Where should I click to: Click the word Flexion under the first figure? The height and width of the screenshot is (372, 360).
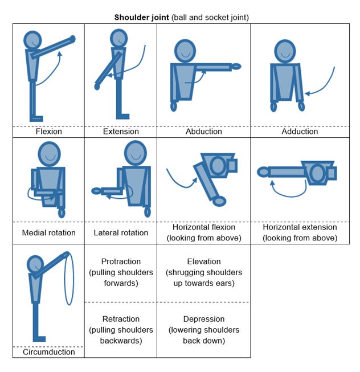[x=49, y=132]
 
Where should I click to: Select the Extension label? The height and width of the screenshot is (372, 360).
[x=121, y=132]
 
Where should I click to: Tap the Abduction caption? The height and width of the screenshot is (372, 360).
[x=204, y=132]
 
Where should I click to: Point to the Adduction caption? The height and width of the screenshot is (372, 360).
[x=300, y=132]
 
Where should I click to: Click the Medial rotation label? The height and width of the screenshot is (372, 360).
[x=49, y=232]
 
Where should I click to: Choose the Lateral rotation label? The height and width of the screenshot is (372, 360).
[x=121, y=232]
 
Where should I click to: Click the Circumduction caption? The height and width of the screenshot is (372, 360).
[x=49, y=352]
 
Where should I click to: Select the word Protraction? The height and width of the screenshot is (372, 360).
[x=121, y=261]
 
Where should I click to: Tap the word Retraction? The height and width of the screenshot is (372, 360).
[x=121, y=319]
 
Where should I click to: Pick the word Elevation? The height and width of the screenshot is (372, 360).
[x=204, y=261]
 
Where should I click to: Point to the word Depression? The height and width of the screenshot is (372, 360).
[x=204, y=319]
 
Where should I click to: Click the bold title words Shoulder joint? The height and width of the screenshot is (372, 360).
[x=141, y=17]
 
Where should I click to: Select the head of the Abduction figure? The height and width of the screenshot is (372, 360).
[x=185, y=51]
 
